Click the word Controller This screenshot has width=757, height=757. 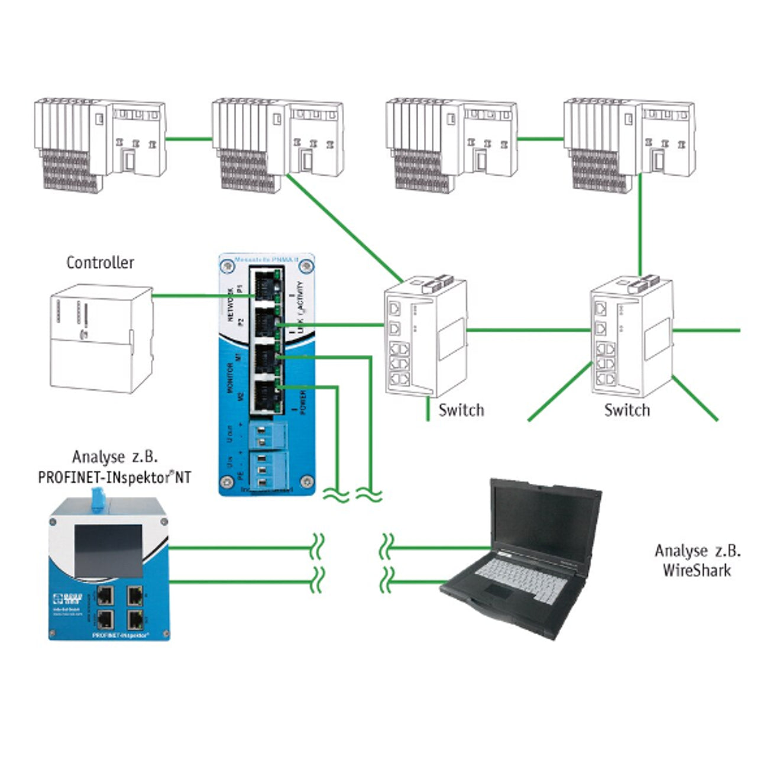pos(100,263)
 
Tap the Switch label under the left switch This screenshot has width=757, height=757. pos(461,410)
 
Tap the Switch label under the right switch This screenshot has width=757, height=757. pos(627,410)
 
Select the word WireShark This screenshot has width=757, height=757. pos(697,570)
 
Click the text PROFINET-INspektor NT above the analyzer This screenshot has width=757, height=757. pos(115,477)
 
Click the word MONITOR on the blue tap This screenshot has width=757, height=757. pos(231,377)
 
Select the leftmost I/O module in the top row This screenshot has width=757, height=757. pos(99,143)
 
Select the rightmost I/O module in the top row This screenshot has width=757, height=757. pos(629,143)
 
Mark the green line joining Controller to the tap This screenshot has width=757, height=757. pos(201,295)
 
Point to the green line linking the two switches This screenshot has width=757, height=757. pos(529,329)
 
